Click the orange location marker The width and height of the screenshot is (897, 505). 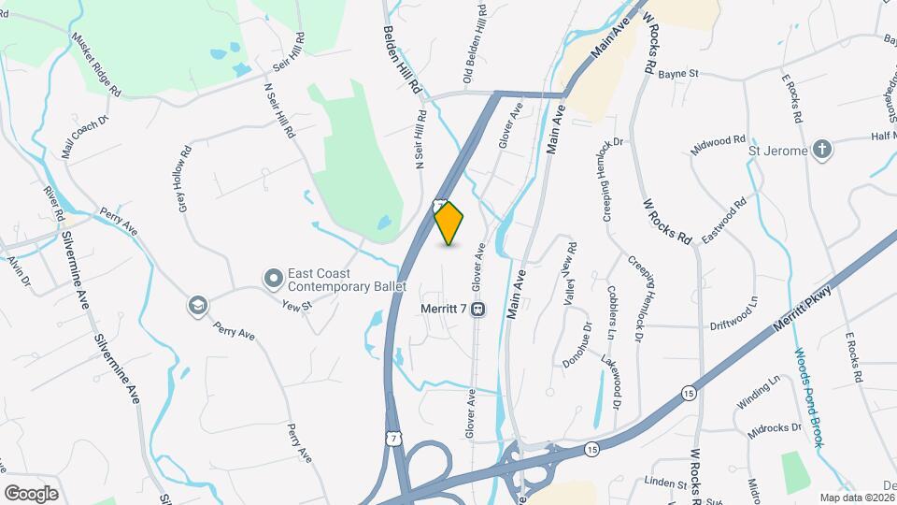[x=449, y=224]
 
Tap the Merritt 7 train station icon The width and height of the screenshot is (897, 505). [x=477, y=309]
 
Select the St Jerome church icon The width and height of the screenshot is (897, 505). [x=821, y=150]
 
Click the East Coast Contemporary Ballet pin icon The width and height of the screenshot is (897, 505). [x=273, y=278]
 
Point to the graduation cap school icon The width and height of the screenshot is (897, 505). [x=198, y=305]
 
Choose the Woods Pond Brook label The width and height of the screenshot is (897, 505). [x=808, y=397]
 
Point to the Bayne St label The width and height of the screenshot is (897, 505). [x=678, y=73]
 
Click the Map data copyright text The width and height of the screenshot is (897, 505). [x=857, y=498]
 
